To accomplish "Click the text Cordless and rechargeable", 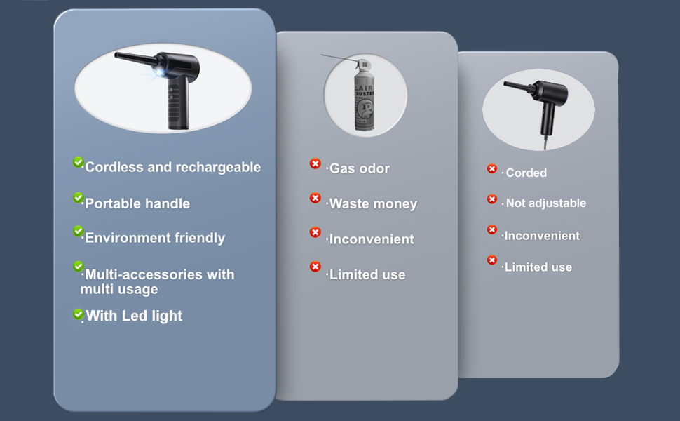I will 172,167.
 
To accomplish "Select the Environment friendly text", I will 155,238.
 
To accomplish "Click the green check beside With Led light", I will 79,314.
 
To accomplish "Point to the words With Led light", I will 134,316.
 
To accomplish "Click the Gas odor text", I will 359,168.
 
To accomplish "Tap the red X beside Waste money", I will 315,199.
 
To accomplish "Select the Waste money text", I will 373,204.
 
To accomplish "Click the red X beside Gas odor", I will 315,164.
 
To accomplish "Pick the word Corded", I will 526,173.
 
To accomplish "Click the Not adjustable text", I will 545,203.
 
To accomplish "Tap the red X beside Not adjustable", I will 492,199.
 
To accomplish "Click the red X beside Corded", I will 492,169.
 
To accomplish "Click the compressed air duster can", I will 365,98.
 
